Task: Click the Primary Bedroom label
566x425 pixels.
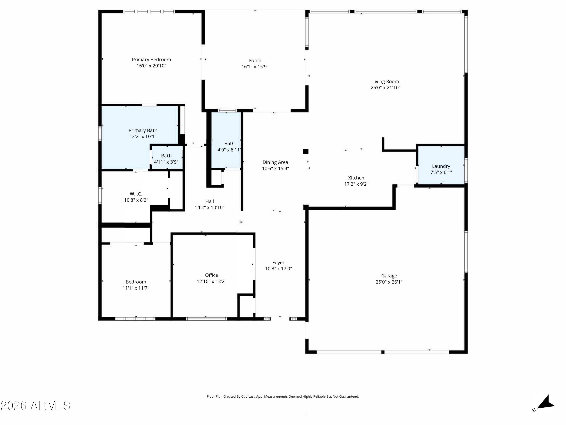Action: click(151, 59)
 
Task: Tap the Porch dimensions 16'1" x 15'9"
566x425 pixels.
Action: click(255, 67)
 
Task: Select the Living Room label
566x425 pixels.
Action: click(385, 81)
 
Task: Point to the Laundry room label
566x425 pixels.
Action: click(441, 166)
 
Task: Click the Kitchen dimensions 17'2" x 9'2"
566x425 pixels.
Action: click(356, 184)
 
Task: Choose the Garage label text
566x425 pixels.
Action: click(389, 276)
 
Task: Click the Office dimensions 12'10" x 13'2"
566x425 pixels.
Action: click(211, 281)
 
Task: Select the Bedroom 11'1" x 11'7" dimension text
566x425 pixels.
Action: click(136, 288)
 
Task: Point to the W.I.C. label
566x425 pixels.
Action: click(136, 194)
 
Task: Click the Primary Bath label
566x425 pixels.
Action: click(143, 130)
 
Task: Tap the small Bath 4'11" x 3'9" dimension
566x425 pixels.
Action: click(166, 162)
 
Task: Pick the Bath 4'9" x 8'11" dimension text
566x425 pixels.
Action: click(229, 150)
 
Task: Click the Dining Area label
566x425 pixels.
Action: click(275, 162)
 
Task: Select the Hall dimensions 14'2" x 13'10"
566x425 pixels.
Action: click(210, 208)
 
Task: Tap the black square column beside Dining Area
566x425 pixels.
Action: click(306, 151)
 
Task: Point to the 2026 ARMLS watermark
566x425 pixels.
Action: click(36, 406)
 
